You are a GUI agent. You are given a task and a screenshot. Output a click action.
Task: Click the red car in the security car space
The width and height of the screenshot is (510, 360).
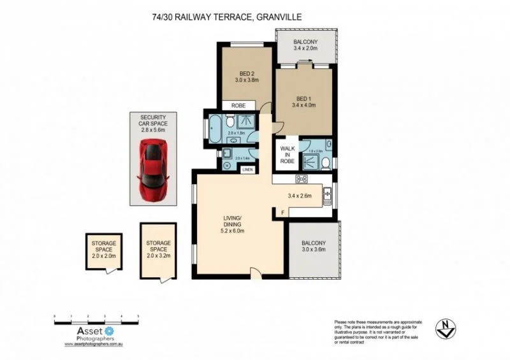click(x=153, y=170)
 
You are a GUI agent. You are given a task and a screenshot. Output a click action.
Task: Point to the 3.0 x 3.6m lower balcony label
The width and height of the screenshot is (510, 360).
click(x=314, y=247)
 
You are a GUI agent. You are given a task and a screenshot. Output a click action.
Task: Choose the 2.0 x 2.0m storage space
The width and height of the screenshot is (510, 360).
click(x=103, y=252)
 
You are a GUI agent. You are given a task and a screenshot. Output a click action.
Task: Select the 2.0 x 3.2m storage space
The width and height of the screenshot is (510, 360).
click(x=158, y=248)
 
